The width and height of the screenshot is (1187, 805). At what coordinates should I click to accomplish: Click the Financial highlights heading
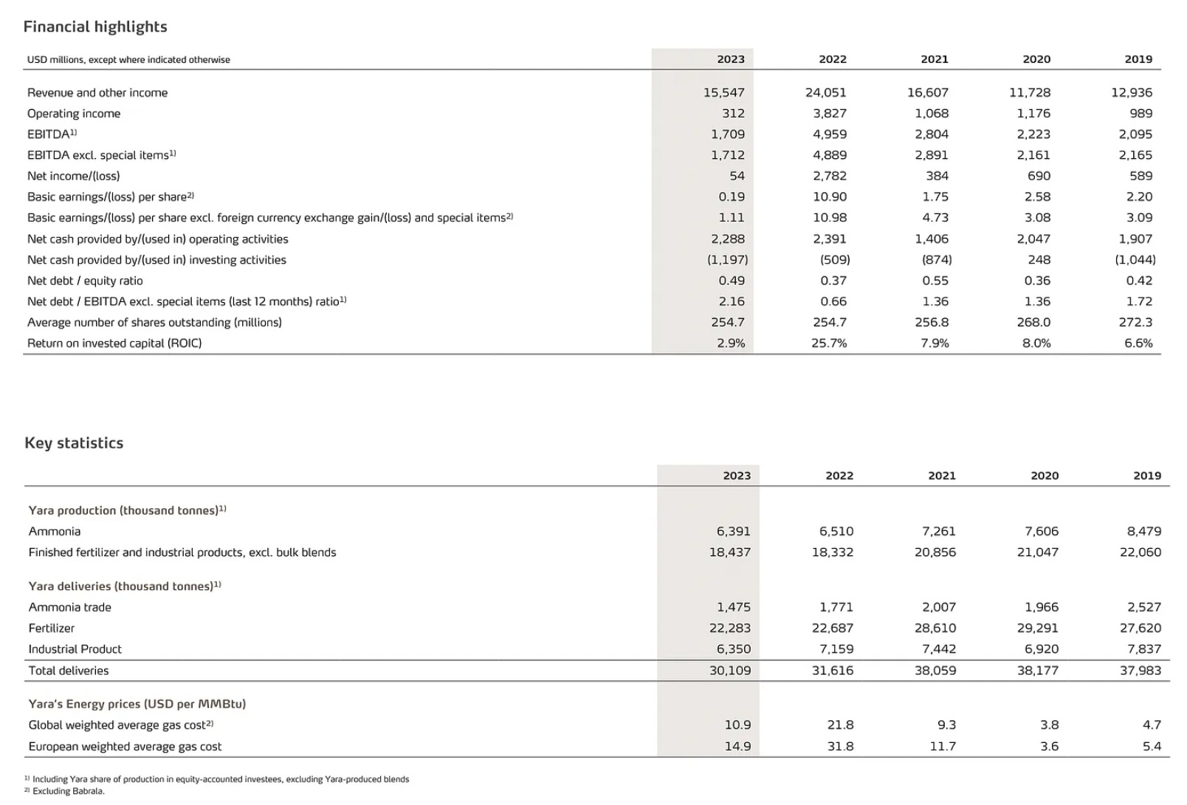(x=95, y=27)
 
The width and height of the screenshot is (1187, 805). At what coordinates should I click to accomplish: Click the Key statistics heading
(x=74, y=443)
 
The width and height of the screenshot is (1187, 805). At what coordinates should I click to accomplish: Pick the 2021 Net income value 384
(x=937, y=176)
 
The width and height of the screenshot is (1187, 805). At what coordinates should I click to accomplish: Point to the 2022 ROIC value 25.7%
(x=829, y=343)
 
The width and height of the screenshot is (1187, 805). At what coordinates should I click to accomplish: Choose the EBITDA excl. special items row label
(x=101, y=155)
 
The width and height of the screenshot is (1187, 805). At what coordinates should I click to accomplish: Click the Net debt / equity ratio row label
(x=85, y=281)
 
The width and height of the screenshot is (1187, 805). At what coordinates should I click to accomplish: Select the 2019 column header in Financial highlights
(x=1138, y=59)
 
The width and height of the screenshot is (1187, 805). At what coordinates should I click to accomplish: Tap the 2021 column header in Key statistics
(x=942, y=476)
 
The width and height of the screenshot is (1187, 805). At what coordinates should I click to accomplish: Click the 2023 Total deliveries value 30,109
(x=730, y=671)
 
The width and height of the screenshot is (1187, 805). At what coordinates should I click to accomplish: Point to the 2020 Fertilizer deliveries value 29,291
(x=1038, y=628)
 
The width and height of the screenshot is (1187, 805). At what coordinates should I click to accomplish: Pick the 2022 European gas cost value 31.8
(x=841, y=746)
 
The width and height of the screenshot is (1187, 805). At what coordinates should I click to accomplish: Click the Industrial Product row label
(x=75, y=649)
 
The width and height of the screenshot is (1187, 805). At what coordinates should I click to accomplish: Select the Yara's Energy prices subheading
(x=137, y=704)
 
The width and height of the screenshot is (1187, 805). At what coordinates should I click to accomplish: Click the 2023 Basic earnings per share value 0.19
(x=732, y=196)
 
